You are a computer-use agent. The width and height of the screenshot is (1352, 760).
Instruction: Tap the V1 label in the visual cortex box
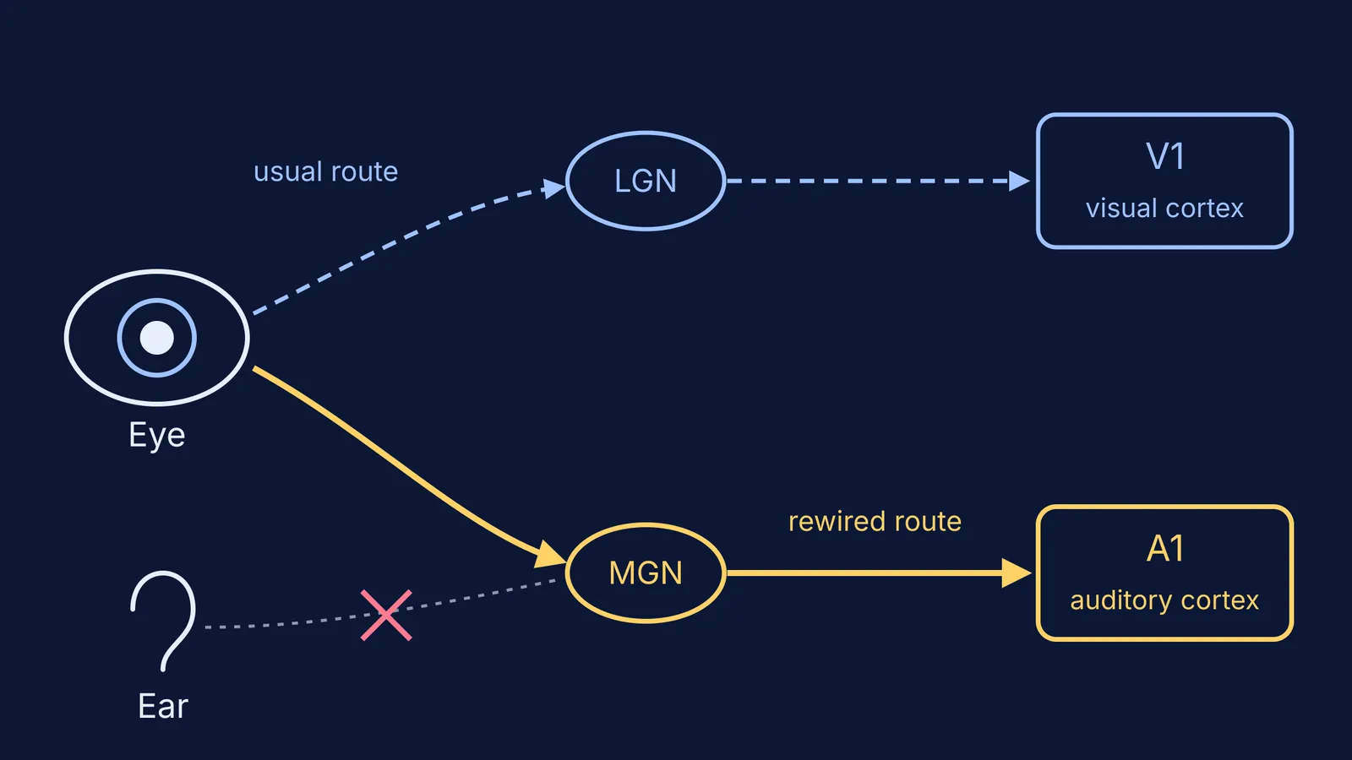[1165, 157]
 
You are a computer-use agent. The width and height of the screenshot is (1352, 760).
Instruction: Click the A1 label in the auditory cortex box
[1165, 549]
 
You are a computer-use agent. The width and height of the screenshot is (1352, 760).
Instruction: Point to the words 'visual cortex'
[1165, 209]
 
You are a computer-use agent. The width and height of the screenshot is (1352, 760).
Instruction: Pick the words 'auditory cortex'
[1165, 600]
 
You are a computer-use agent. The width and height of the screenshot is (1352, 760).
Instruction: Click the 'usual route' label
[326, 172]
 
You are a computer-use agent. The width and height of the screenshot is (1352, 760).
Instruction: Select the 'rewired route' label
[875, 522]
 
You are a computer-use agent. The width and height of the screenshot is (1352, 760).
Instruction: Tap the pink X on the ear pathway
[386, 616]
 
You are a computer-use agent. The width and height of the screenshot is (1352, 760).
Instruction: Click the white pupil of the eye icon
[157, 338]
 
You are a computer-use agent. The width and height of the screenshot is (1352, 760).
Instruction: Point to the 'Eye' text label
[157, 436]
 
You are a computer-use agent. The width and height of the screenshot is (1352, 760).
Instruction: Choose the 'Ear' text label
[163, 706]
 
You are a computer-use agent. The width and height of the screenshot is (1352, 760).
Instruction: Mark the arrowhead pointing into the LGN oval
[553, 188]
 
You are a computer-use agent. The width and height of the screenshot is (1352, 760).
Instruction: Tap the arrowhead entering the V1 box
[1019, 181]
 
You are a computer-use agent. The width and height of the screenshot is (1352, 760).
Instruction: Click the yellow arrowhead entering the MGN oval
[550, 555]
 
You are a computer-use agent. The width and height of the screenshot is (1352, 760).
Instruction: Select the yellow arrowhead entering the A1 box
[1017, 573]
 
